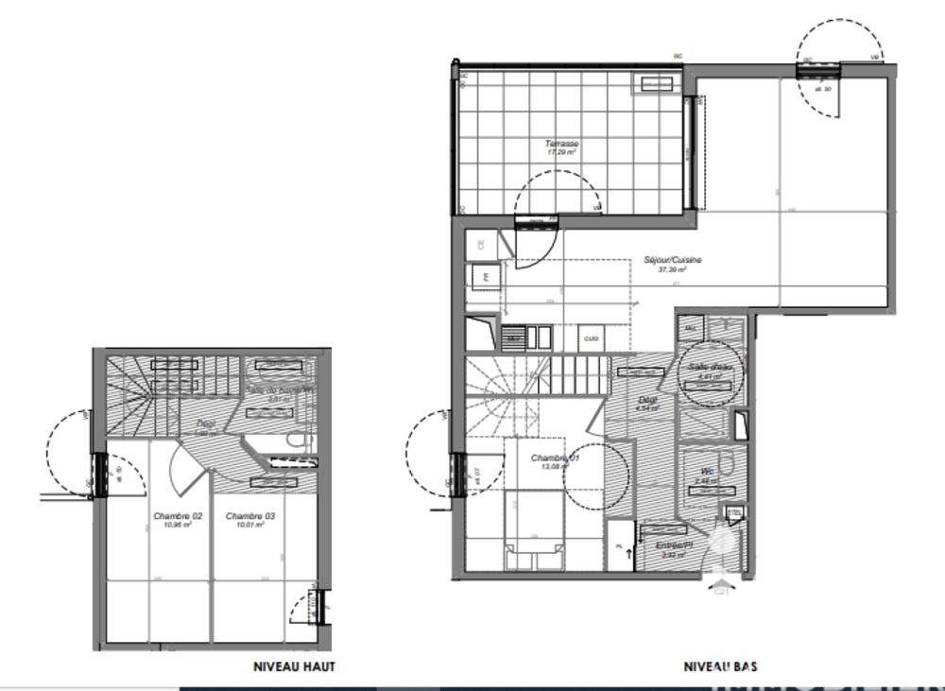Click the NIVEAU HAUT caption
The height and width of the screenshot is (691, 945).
coord(294,666)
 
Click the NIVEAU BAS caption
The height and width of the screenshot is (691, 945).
coord(720,666)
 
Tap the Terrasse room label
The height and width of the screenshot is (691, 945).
coord(561,144)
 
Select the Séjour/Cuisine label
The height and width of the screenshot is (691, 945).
coord(673,260)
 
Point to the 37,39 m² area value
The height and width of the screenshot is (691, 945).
coord(672,269)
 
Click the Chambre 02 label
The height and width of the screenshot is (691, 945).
coord(177,516)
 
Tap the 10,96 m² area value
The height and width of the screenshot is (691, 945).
coord(177,526)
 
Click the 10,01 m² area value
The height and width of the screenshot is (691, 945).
coord(249,526)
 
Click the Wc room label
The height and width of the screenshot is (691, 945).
coord(705,470)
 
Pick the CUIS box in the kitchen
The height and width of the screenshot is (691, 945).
coord(592,337)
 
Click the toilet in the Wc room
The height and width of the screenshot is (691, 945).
coord(726,463)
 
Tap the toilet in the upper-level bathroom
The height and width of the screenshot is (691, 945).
coord(298,440)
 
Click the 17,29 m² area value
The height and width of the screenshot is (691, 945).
coord(561,152)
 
